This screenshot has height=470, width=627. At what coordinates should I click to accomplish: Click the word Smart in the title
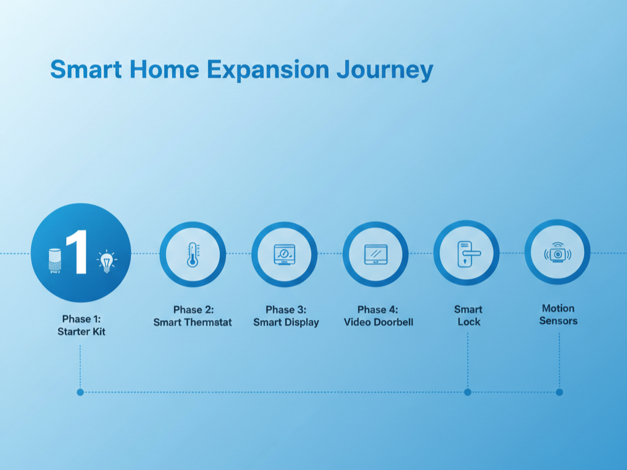coord(86,69)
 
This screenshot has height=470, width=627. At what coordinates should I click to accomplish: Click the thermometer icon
coord(192,255)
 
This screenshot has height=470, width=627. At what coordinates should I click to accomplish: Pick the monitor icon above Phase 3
coord(284,255)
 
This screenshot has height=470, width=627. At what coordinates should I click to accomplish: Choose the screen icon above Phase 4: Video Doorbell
coord(375,254)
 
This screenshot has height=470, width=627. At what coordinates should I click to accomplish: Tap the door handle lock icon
coord(467,253)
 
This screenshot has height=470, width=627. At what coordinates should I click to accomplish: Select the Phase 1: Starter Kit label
coord(81,325)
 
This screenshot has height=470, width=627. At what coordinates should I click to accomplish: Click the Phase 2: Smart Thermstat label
coord(193,316)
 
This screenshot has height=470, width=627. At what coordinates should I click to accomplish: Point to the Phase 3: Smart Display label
coord(286,316)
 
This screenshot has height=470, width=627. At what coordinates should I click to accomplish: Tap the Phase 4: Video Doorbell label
coord(378,316)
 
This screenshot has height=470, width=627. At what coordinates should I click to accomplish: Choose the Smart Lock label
coord(468,315)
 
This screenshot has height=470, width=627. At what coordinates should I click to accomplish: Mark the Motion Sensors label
coord(558,314)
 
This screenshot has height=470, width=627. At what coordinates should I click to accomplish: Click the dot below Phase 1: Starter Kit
coord(80,392)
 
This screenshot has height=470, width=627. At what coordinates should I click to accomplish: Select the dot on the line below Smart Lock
coord(468,392)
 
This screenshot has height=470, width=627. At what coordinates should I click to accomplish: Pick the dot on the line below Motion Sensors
coord(559,392)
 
